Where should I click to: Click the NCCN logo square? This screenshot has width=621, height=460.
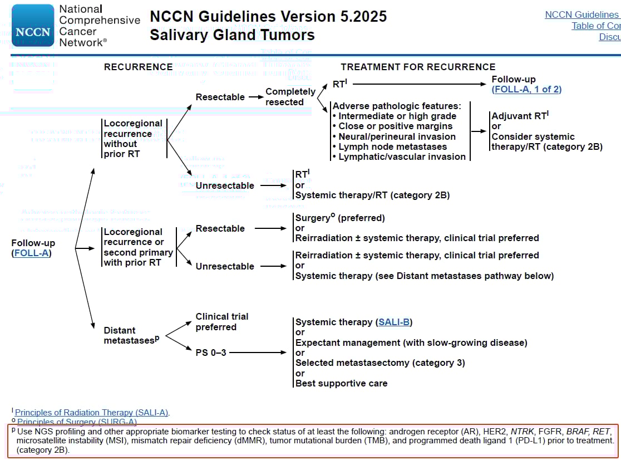(33, 26)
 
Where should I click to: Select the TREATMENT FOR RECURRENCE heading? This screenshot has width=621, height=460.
(418, 67)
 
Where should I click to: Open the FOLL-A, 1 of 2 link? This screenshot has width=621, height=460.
(526, 89)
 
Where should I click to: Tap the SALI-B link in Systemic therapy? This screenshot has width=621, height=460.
(395, 322)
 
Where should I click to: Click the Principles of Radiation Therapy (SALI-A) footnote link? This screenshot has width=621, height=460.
(92, 413)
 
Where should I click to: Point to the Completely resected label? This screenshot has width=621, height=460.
(290, 96)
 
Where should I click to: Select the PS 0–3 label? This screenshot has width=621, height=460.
(211, 352)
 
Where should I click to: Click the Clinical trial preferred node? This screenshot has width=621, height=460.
(221, 321)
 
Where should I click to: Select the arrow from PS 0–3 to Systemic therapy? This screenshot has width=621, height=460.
(258, 353)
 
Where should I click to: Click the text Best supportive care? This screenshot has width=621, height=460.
(341, 383)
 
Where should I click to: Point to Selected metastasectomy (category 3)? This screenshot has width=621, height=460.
(380, 363)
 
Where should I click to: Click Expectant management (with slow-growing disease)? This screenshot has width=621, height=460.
(411, 342)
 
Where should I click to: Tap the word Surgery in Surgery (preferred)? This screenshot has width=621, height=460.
(312, 218)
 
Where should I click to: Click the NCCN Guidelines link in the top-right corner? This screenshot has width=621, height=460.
(582, 15)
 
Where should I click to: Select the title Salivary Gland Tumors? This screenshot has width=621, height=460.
(231, 35)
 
